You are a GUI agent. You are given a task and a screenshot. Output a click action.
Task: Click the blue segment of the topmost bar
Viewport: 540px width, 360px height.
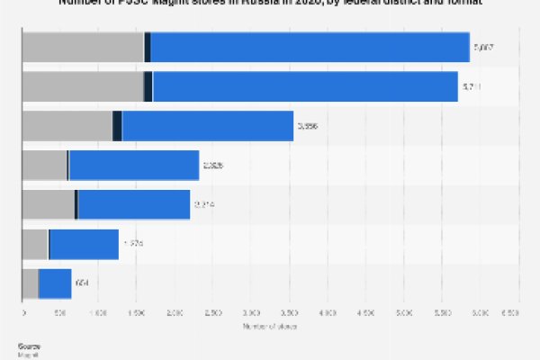[310, 47]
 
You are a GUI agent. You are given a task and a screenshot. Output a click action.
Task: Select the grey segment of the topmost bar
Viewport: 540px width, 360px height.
[82, 47]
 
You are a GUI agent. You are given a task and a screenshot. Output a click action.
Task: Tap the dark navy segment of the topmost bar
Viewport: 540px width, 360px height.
[148, 47]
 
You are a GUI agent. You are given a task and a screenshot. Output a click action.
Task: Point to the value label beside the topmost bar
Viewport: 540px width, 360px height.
[483, 47]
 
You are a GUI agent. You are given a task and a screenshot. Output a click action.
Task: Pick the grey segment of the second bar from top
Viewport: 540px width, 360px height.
[82, 86]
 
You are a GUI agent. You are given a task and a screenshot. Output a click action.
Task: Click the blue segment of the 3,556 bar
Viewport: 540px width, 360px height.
[207, 126]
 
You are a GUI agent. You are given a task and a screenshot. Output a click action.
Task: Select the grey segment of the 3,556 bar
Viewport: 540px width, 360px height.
[67, 126]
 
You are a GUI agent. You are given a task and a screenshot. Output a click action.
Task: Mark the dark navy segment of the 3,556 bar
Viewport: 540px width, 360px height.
[117, 126]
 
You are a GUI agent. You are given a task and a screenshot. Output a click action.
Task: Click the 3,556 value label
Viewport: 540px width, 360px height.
[307, 126]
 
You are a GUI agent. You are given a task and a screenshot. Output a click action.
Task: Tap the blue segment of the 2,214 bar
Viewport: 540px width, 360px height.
[134, 204]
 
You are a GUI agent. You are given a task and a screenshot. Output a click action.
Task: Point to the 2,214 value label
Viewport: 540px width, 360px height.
[203, 204]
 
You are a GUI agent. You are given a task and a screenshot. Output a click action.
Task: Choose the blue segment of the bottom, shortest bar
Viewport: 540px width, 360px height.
[55, 283]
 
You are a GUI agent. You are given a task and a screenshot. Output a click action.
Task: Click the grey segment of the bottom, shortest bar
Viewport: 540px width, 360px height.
[30, 283]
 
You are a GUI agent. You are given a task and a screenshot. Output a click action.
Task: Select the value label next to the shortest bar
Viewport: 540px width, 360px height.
[82, 283]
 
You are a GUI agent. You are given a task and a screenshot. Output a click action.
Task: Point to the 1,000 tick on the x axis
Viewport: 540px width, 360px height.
[98, 314]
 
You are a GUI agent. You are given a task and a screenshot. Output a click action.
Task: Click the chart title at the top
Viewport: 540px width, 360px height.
[270, 4]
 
